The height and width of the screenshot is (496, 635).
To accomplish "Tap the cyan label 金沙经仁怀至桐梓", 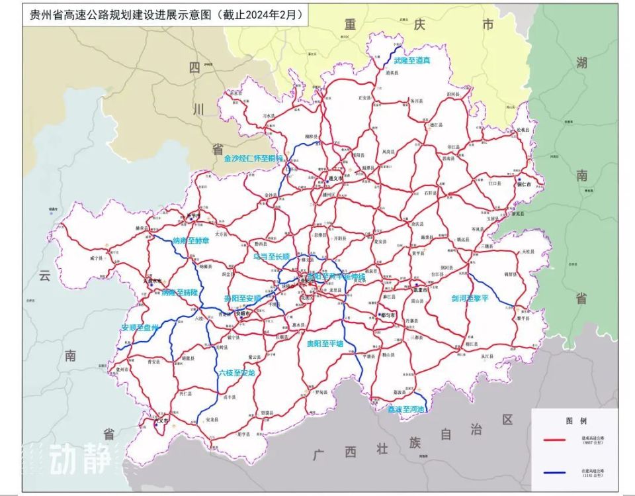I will (x=253, y=159).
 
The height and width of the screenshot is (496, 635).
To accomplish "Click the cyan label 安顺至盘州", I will (x=140, y=327).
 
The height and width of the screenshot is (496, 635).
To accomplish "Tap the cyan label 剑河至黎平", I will (x=470, y=298).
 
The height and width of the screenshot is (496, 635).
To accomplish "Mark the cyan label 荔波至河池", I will (x=408, y=409).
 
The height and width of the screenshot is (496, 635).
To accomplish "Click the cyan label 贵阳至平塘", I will (x=325, y=344).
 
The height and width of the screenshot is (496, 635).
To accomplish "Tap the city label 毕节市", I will (x=194, y=216).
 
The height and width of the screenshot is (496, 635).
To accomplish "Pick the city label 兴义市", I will (x=161, y=421).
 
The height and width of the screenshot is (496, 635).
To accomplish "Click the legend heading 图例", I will (x=573, y=420).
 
